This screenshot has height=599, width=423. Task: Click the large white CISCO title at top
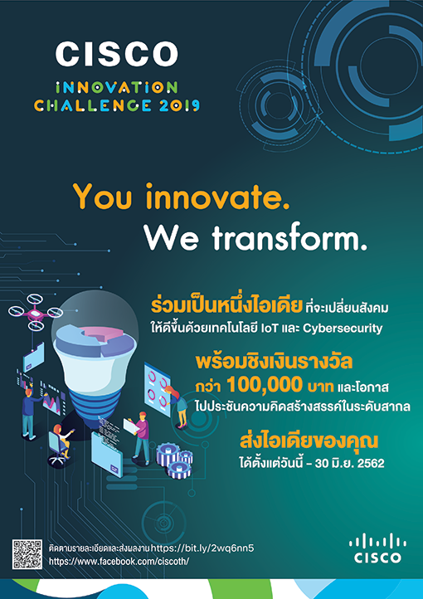pos(116,54)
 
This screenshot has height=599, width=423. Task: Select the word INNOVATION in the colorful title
pos(116,87)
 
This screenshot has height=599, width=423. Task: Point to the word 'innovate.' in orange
pos(219,197)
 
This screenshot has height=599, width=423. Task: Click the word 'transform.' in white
pos(289,238)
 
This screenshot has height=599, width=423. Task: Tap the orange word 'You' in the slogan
pos(107,197)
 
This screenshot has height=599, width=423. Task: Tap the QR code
pos(27,554)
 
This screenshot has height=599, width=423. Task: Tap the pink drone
pos(36,313)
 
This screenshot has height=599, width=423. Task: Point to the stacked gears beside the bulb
pos(174,460)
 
